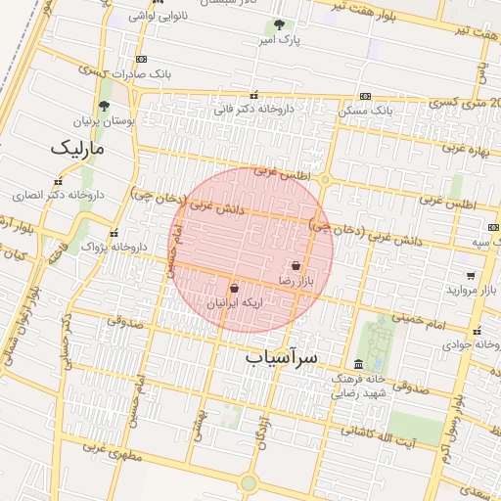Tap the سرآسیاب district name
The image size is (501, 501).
[282, 358]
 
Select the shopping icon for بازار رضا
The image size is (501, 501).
[296, 265]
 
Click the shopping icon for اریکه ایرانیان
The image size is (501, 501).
[234, 289]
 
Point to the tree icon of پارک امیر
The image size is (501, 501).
[280, 24]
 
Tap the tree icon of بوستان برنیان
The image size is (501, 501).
[105, 107]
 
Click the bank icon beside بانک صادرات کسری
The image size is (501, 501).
[143, 59]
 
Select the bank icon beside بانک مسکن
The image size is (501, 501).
[365, 96]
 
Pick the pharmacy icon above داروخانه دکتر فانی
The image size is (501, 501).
[254, 96]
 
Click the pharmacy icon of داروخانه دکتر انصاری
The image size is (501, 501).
[58, 181]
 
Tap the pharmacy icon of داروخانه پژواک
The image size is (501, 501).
[114, 234]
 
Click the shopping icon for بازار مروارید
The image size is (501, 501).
[471, 276]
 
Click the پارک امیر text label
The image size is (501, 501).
[279, 40]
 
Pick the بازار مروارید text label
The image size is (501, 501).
[467, 291]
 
